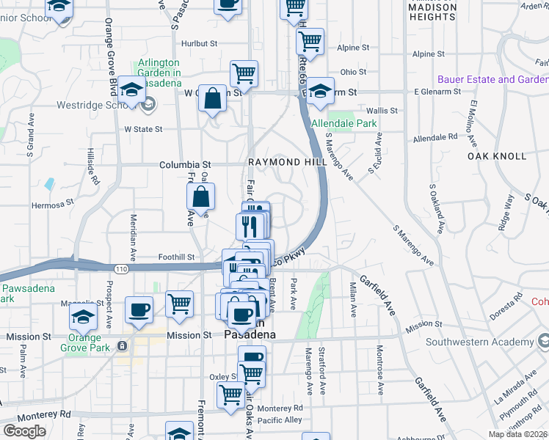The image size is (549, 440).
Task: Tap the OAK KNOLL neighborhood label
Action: pyautogui.click(x=497, y=156)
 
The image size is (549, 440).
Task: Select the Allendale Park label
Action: pyautogui.click(x=343, y=124)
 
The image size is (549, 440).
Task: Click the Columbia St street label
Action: pyautogui.click(x=185, y=165)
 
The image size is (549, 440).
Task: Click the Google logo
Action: pyautogui.click(x=24, y=431)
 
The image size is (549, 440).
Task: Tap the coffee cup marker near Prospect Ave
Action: pyautogui.click(x=139, y=311)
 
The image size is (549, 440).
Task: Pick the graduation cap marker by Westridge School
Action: pyautogui.click(x=131, y=91)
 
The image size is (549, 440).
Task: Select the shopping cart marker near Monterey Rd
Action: pyautogui.click(x=231, y=395)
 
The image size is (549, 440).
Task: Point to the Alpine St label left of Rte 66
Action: pyautogui.click(x=353, y=48)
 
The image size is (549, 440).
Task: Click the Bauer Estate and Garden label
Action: pyautogui.click(x=492, y=79)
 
